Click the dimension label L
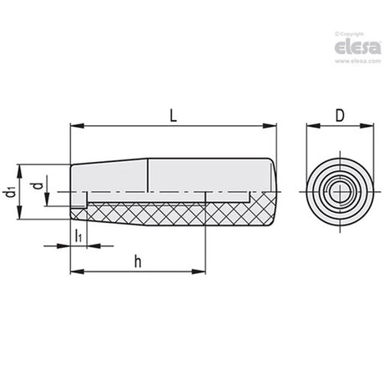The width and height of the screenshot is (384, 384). click(x=173, y=115)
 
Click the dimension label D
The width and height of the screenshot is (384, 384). click(x=340, y=115)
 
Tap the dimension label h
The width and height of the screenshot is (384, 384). click(x=138, y=261)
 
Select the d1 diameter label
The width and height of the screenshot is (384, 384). click(x=11, y=193)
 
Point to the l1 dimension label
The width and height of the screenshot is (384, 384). click(x=78, y=235)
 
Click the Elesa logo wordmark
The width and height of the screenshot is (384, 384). click(x=357, y=47)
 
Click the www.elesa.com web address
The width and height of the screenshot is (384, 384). click(x=357, y=61)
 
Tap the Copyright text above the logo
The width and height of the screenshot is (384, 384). click(x=349, y=34)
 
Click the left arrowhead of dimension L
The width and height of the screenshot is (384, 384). click(x=77, y=126)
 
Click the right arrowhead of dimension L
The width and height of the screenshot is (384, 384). click(x=270, y=126)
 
